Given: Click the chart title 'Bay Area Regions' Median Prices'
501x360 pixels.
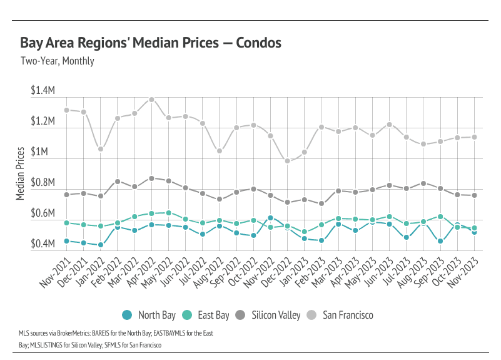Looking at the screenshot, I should tap(150, 43).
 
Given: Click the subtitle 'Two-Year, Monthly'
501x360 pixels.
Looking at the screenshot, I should tap(57, 61).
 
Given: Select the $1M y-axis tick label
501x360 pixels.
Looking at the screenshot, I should tap(45, 153).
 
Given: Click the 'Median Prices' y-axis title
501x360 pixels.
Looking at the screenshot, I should tap(20, 173).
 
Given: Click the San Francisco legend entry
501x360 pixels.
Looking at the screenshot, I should tap(347, 315).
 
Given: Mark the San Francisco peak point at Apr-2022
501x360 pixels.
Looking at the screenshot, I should tap(151, 100).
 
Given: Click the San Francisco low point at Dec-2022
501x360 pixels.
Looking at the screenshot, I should tap(288, 161).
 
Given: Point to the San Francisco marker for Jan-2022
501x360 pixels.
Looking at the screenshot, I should tap(101, 149).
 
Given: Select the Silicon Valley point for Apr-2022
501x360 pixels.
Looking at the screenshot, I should tap(151, 178).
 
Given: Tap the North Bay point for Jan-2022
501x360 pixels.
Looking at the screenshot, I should tap(101, 245).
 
